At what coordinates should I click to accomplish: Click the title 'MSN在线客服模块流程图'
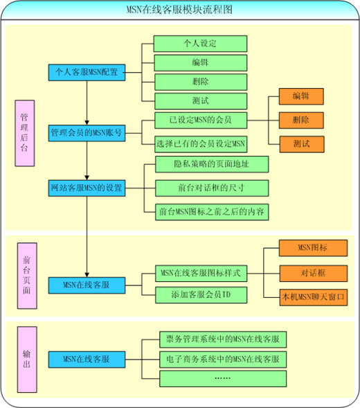[179, 10]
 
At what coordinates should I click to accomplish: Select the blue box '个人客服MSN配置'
[87, 72]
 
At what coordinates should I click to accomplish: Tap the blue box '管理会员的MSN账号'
[87, 133]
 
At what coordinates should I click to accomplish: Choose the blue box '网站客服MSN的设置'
[87, 188]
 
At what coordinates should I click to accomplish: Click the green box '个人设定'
[200, 44]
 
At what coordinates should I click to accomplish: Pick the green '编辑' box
[201, 63]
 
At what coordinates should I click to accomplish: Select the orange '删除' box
[301, 121]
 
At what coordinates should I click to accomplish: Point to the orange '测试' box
[302, 144]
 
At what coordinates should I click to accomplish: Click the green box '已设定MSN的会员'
[201, 121]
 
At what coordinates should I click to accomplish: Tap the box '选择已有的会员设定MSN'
[201, 144]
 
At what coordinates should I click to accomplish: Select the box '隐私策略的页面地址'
[212, 164]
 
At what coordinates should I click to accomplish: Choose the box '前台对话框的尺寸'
[212, 188]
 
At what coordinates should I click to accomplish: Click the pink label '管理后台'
[25, 133]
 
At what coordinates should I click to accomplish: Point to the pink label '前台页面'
[27, 276]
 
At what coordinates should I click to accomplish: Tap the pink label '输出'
[27, 360]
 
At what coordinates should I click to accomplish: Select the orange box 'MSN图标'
[313, 248]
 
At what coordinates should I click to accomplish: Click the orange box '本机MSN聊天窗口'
[314, 297]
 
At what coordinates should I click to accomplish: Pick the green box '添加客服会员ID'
[201, 295]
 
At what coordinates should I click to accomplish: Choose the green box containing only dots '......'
[223, 379]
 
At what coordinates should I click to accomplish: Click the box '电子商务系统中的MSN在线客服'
[223, 360]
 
